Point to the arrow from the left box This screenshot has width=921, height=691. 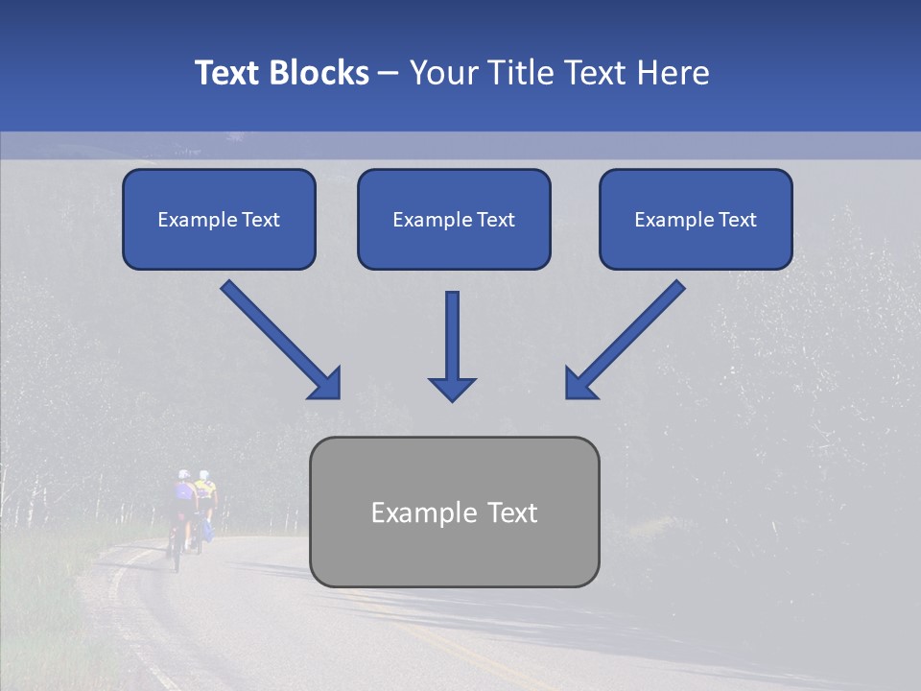click(x=280, y=339)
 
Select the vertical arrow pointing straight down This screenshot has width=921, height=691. click(x=452, y=345)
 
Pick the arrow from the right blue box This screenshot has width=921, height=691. click(x=626, y=339)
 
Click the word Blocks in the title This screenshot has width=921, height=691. click(x=320, y=73)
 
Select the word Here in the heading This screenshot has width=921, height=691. click(x=673, y=73)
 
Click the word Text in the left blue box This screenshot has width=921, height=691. click(x=261, y=220)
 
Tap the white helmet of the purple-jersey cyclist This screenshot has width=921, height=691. click(x=183, y=475)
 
